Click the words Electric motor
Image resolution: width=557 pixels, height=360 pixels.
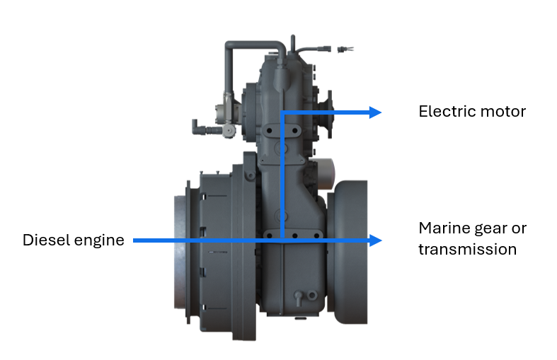tap(472, 112)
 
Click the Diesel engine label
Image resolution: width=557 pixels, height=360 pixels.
tap(74, 240)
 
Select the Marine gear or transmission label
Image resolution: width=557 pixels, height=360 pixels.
tap(472, 238)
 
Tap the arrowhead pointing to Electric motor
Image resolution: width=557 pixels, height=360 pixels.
tap(375, 112)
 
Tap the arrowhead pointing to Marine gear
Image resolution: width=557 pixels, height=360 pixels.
tap(375, 240)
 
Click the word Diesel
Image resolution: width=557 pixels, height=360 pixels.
tap(44, 240)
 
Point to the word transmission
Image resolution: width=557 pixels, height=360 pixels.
tap(467, 250)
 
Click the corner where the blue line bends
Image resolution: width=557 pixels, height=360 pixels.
tap(282, 112)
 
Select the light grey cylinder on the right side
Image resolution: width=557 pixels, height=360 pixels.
tap(325, 169)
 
